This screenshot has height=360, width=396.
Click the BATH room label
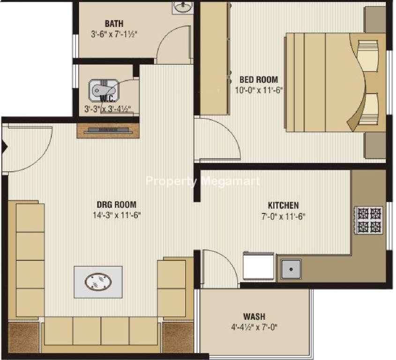[x=114, y=24]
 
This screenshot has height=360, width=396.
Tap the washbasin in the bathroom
[x=183, y=7]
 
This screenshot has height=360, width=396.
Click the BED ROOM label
[x=259, y=80]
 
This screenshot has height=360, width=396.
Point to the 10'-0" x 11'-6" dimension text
[x=259, y=90]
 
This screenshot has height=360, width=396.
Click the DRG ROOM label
[x=116, y=204]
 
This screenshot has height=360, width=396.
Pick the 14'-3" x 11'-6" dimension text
[x=116, y=215]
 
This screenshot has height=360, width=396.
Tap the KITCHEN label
[x=283, y=205]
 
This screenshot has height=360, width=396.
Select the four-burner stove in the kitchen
[x=369, y=220]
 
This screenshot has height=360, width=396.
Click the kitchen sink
[x=291, y=270]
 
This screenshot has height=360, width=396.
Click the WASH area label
[x=254, y=316]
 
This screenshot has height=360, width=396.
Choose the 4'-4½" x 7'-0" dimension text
[x=254, y=327]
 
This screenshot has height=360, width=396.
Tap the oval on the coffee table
[x=98, y=282]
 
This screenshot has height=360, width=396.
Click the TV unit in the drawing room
[x=108, y=131]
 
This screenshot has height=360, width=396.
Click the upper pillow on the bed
[x=368, y=55]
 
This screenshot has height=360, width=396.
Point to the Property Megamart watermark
[x=203, y=181]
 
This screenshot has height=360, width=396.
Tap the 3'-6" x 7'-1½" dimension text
[x=114, y=34]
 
